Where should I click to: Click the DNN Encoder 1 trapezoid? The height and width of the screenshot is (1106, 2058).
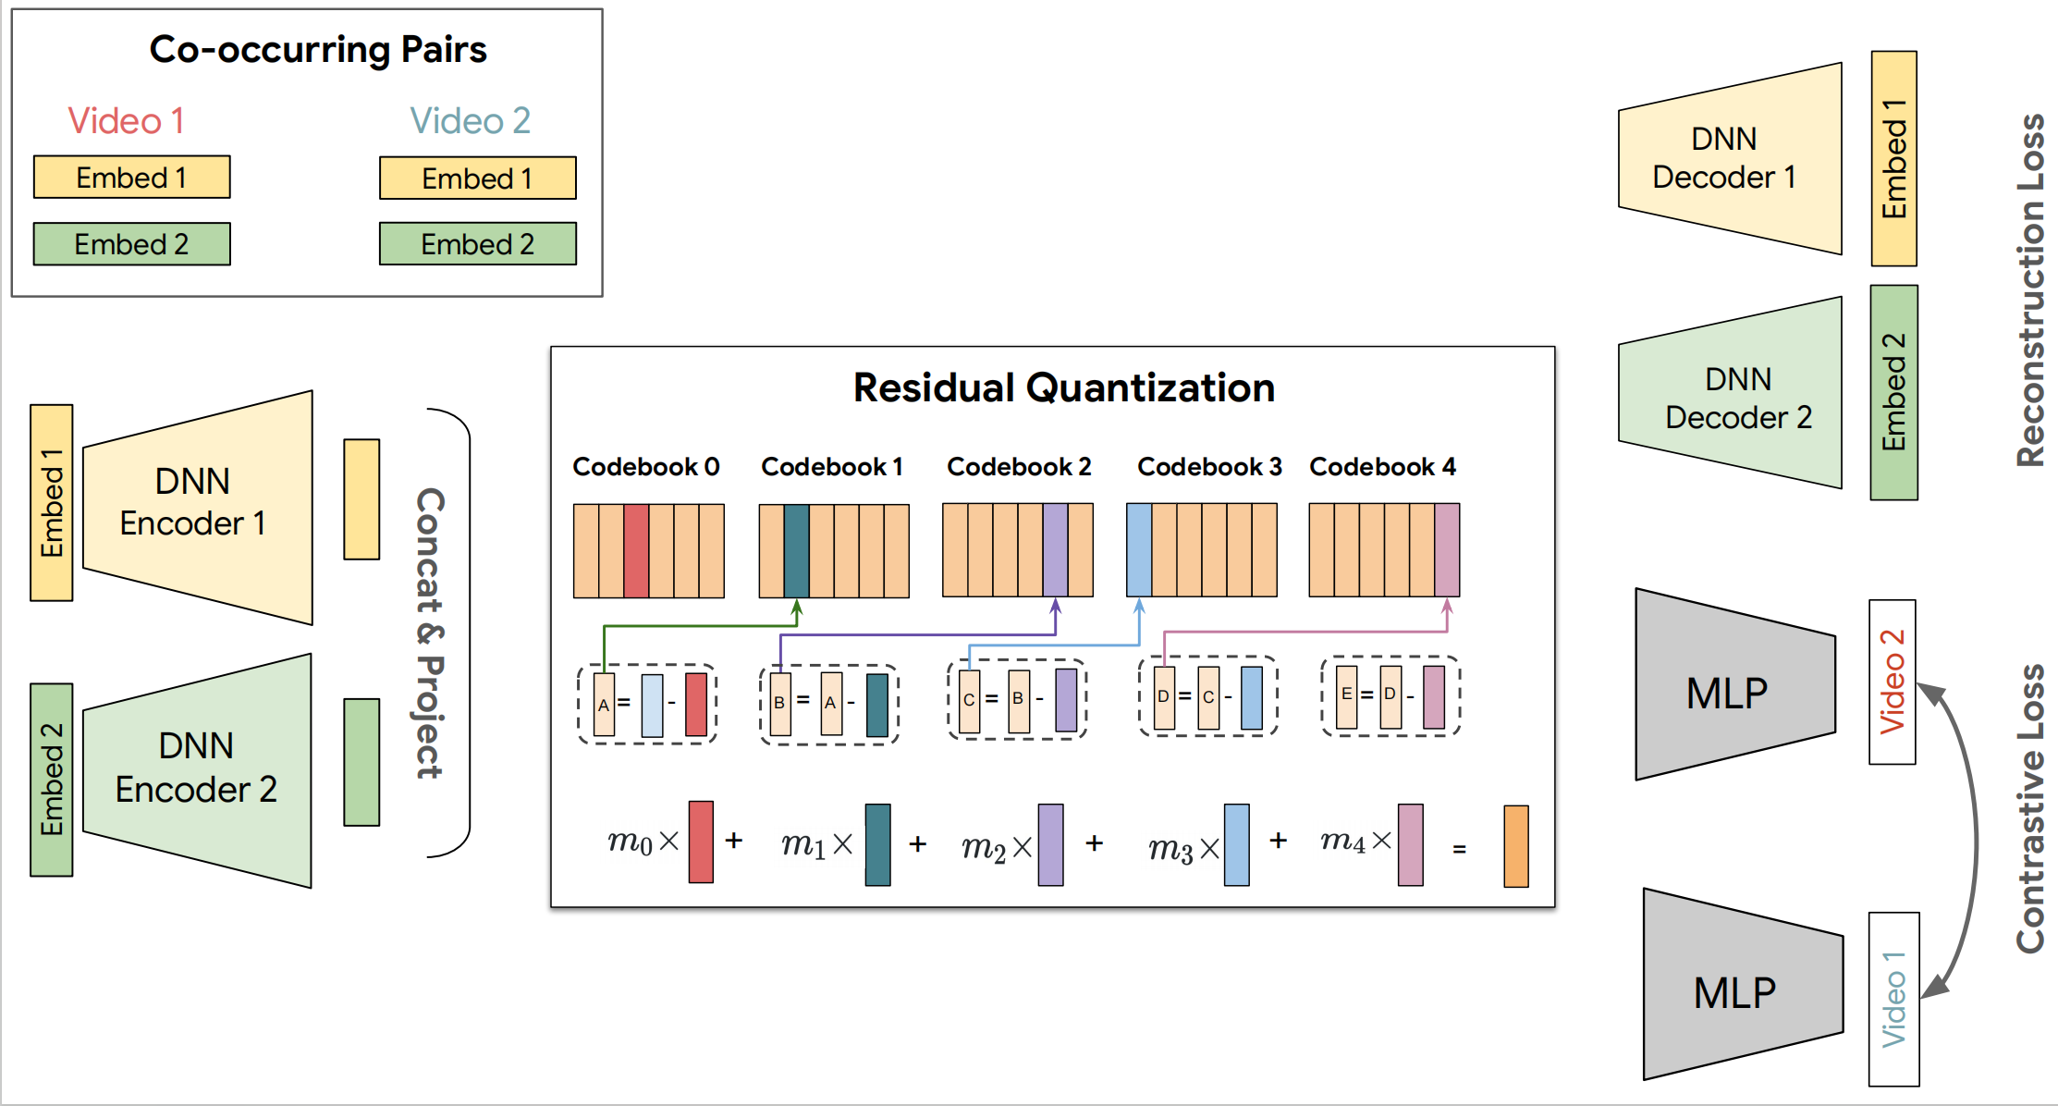pos(198,507)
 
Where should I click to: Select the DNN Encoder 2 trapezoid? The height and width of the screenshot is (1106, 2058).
pos(198,770)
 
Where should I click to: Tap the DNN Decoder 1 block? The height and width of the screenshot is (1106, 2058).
pos(1730,158)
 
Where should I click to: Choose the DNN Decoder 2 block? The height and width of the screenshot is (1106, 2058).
pos(1730,393)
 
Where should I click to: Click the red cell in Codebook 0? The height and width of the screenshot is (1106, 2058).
pos(636,550)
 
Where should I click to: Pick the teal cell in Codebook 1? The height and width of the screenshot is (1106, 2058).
pos(796,550)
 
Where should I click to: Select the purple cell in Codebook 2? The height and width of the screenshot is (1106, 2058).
pos(1056,549)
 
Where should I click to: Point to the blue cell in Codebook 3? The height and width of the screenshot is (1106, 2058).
pos(1139,549)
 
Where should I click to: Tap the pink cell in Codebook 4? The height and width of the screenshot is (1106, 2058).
pos(1447,549)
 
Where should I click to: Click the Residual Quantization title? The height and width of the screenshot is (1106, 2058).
pos(1063,387)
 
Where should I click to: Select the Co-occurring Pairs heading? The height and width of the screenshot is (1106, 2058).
pos(318,49)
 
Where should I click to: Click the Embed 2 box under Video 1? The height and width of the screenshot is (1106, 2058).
pos(132,244)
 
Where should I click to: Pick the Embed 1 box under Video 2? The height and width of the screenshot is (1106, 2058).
pos(478,178)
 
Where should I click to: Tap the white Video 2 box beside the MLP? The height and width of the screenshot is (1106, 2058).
pos(1893,682)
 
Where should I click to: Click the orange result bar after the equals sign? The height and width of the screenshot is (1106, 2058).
pos(1516,846)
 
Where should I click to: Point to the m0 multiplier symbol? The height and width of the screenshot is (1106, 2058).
pos(630,841)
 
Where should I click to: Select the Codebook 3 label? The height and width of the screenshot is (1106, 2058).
pos(1209,467)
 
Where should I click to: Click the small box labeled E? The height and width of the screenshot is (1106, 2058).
pos(1347,695)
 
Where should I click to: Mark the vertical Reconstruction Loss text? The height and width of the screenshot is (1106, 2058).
pos(2031,289)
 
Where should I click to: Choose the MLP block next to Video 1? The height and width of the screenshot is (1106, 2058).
pos(1743,984)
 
